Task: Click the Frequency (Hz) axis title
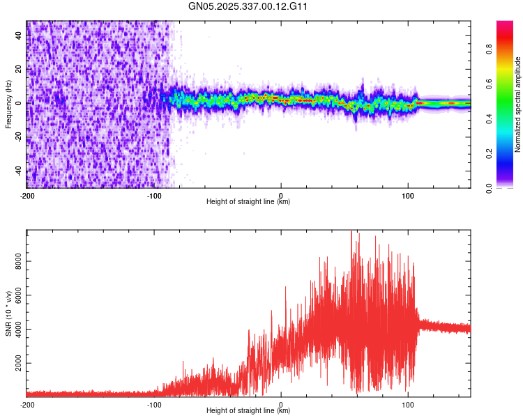8,104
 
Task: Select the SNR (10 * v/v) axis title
8,313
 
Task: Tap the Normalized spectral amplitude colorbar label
518,104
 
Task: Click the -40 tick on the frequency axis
18,171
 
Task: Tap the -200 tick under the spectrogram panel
27,195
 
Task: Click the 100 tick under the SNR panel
407,404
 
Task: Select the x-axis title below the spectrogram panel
248,202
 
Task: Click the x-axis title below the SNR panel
248,411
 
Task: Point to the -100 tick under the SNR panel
153,404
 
